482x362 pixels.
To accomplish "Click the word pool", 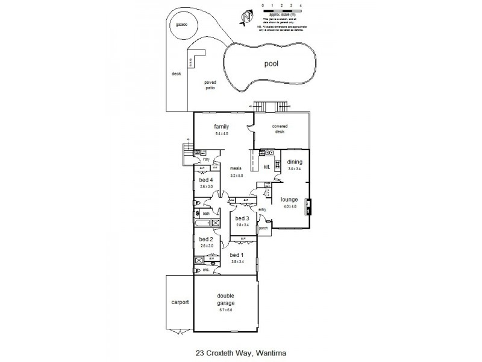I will click(x=274, y=63).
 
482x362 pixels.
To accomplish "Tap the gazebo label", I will click(x=178, y=24).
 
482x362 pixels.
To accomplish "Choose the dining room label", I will click(x=294, y=162).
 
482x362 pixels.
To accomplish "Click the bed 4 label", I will click(x=207, y=180).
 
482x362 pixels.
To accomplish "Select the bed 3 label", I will click(x=242, y=218).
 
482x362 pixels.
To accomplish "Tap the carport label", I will click(x=180, y=302).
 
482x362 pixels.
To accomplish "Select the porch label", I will click(x=263, y=229).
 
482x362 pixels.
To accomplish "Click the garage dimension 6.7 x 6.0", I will click(x=226, y=310).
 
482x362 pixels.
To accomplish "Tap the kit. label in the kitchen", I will click(x=267, y=167).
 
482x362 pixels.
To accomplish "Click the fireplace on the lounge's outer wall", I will click(x=308, y=207).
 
